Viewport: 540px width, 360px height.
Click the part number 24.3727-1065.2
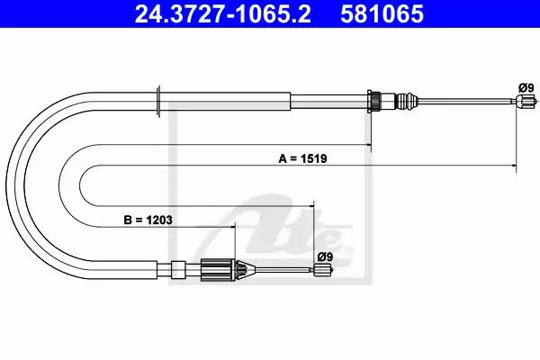pyautogui.click(x=223, y=13)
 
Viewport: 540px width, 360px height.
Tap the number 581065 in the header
pyautogui.click(x=382, y=13)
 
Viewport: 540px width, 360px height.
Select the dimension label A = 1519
pyautogui.click(x=302, y=158)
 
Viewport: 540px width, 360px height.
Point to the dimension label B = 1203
pyautogui.click(x=148, y=220)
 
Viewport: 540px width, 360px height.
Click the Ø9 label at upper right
pyautogui.click(x=526, y=88)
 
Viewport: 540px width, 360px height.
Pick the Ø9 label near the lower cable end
pyautogui.click(x=325, y=257)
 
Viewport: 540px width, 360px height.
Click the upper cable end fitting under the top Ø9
pyautogui.click(x=526, y=102)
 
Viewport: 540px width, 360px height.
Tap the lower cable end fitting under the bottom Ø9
pyautogui.click(x=323, y=269)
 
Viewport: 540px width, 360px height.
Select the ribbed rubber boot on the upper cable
pyautogui.click(x=406, y=102)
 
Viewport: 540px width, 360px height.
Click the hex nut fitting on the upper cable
pyautogui.click(x=374, y=102)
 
